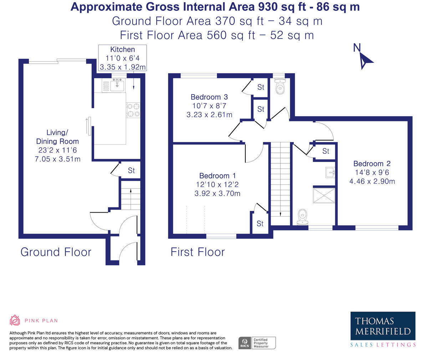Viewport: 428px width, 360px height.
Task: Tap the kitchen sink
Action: [117, 85]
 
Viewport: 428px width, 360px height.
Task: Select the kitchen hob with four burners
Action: [133, 110]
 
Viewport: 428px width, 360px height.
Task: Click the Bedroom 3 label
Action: [209, 97]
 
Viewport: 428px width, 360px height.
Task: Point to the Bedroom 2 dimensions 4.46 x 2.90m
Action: [372, 182]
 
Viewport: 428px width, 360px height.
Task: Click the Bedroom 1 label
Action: [218, 176]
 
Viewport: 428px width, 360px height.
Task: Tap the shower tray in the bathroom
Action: [324, 196]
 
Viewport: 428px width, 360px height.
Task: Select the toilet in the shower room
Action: [302, 217]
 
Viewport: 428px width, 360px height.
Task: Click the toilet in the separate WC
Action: [280, 86]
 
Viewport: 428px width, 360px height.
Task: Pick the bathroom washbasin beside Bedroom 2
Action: [330, 172]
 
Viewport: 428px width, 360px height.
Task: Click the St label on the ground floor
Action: [131, 170]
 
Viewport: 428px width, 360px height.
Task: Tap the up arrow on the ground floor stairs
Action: [131, 199]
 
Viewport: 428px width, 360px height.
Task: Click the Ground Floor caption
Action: [56, 252]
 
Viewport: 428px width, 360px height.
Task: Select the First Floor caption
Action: [198, 252]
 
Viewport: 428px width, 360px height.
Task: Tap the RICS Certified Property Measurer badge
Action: [257, 343]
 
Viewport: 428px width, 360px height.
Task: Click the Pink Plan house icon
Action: [15, 320]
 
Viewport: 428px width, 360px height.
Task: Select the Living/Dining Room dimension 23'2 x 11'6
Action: [57, 150]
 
